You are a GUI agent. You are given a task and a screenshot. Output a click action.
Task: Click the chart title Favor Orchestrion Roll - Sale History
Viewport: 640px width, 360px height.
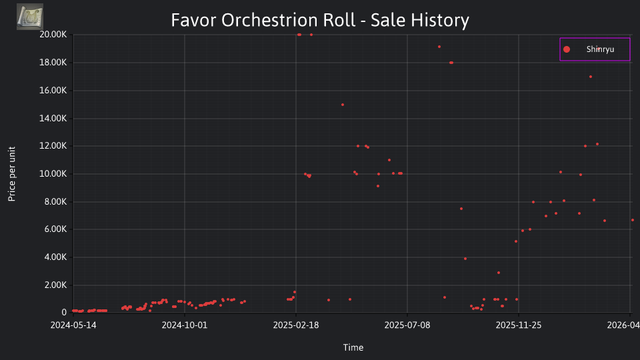click(x=320, y=20)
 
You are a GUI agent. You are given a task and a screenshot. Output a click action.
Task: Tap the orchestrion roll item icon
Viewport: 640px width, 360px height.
click(x=30, y=17)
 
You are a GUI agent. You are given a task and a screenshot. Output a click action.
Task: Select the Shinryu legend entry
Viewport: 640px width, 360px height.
click(x=595, y=49)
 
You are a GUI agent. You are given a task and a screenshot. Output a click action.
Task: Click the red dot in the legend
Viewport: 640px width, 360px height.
click(x=567, y=49)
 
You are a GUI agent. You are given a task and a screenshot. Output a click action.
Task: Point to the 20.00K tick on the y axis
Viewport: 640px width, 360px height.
click(x=53, y=35)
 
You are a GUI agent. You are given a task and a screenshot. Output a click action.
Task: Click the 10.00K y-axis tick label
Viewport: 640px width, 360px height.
click(x=53, y=174)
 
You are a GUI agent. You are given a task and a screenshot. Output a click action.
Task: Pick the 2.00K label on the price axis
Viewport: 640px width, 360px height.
click(x=55, y=285)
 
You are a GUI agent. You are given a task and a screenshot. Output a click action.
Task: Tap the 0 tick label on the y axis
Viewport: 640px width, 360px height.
click(x=64, y=313)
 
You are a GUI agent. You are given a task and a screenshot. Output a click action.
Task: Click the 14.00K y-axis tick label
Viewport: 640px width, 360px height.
click(x=53, y=119)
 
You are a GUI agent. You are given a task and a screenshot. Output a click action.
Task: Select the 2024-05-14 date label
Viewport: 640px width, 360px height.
click(x=73, y=325)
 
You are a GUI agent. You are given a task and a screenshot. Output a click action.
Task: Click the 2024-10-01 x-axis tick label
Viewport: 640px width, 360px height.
click(x=185, y=325)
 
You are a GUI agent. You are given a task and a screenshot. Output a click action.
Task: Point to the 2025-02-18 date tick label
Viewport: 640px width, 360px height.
click(x=296, y=325)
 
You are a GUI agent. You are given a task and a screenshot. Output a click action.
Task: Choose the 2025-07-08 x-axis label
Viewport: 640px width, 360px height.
click(x=407, y=325)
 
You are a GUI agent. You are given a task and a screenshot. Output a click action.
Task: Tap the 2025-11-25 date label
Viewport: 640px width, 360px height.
click(x=519, y=325)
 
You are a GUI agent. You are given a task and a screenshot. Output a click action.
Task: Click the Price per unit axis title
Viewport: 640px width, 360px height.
click(x=12, y=174)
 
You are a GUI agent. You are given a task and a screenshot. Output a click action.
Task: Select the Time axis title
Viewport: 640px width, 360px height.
click(x=353, y=347)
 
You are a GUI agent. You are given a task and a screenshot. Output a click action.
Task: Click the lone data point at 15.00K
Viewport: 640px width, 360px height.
click(x=343, y=105)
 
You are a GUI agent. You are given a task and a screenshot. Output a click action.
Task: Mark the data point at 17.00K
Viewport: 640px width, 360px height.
click(x=591, y=77)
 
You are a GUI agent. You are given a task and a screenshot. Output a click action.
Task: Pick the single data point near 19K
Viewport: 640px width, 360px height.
click(x=439, y=47)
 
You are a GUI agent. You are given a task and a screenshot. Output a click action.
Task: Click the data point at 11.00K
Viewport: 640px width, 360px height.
click(x=389, y=160)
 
